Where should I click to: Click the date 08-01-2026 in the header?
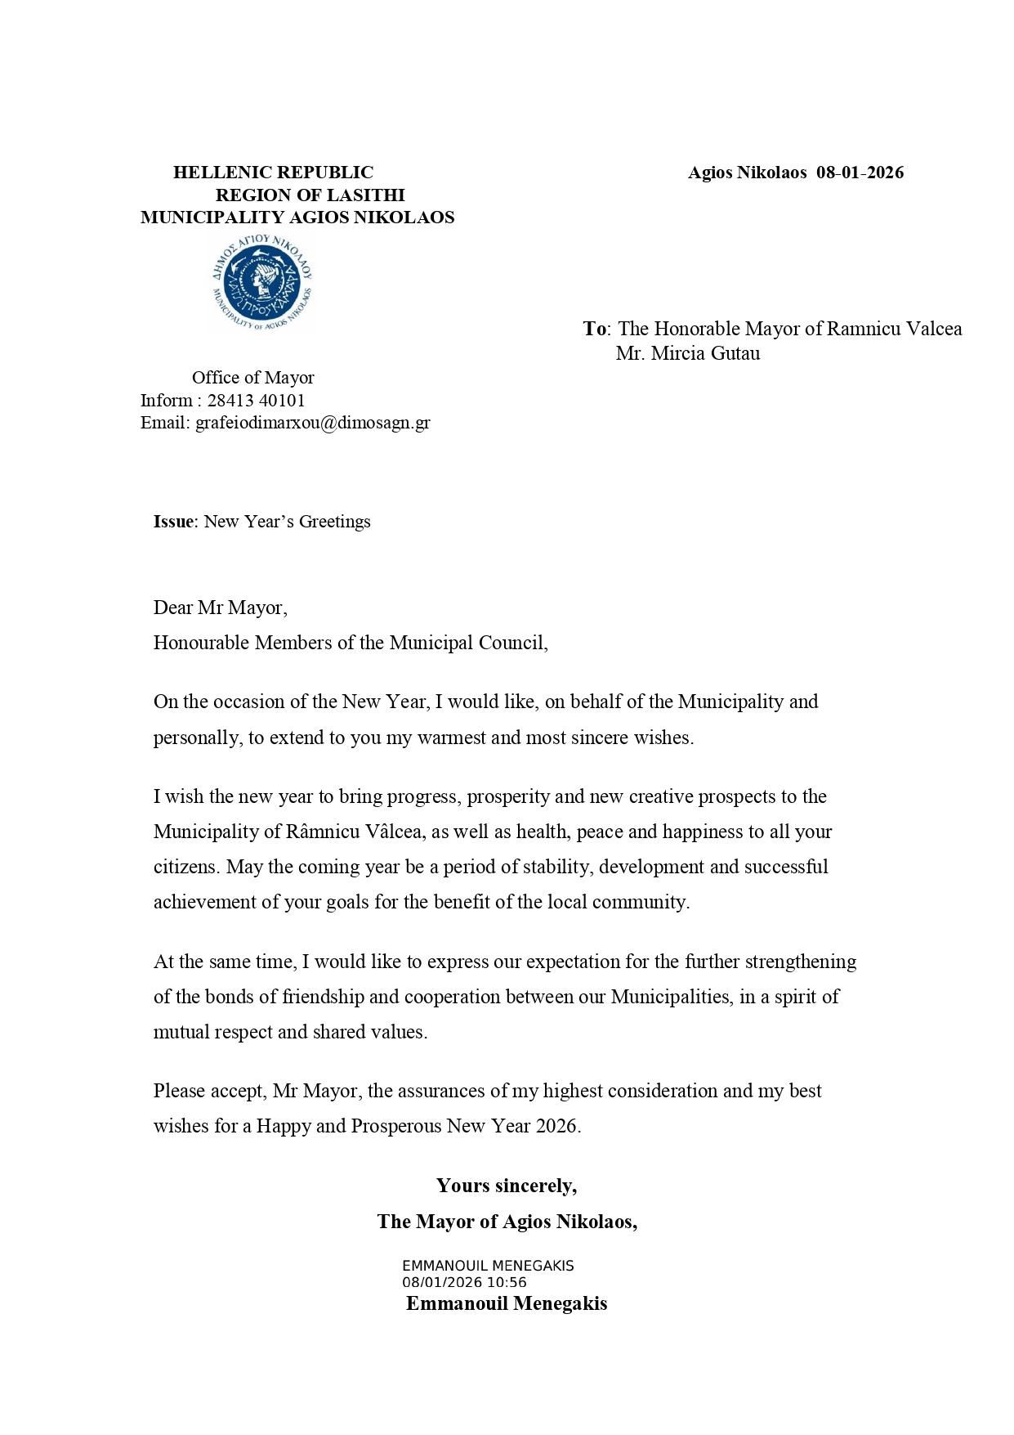[860, 173]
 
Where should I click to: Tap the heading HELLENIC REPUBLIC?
[273, 173]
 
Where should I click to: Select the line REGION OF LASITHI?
[310, 195]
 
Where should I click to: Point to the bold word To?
[594, 329]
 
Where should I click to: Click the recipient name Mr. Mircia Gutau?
[688, 354]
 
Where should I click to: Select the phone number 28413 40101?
[256, 401]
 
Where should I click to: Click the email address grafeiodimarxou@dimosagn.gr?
[312, 423]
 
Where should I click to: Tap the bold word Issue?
[173, 522]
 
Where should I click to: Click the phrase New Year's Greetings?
[287, 522]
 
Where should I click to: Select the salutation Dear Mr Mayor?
[219, 608]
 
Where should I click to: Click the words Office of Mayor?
[252, 378]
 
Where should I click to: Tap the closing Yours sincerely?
[507, 1186]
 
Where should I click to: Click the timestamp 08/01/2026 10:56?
[464, 1283]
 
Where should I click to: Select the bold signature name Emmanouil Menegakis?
[507, 1303]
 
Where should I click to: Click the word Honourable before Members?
[202, 643]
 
